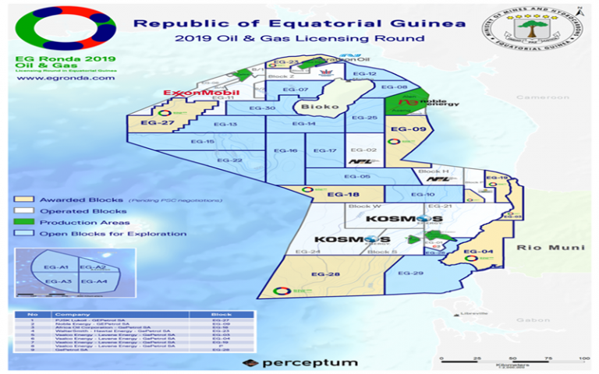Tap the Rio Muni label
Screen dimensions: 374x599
tap(537, 247)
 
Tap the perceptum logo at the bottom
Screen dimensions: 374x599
tap(300, 362)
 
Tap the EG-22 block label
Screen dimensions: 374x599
tap(229, 161)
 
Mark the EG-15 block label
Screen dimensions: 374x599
tap(203, 142)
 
